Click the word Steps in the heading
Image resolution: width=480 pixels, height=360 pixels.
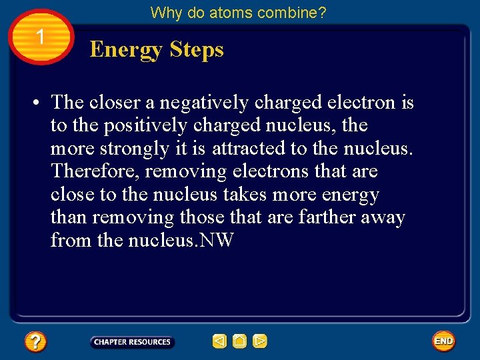197,49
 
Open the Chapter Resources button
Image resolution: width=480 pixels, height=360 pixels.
132,342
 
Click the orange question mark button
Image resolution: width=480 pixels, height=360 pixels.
35,342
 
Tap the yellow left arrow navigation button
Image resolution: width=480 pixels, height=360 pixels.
219,342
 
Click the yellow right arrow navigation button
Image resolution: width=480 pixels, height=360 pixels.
260,342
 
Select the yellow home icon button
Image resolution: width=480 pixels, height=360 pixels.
240,342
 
